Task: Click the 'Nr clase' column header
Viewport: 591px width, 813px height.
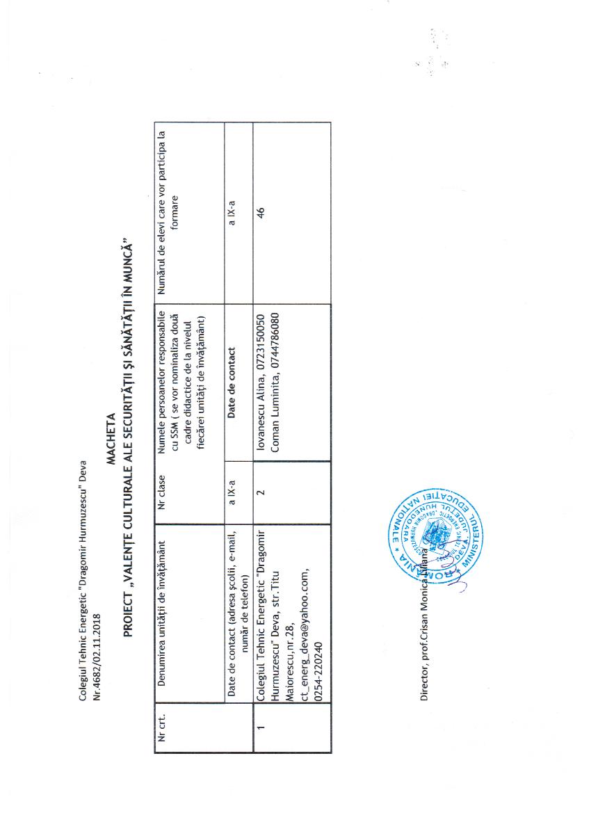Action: [162, 480]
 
